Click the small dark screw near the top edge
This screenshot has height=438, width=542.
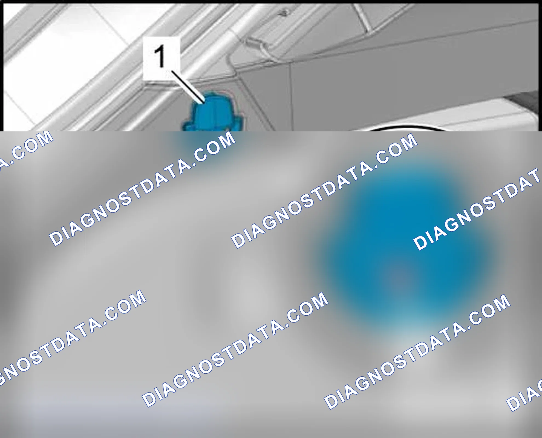pyautogui.click(x=284, y=12)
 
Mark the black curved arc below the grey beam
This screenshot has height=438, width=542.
pyautogui.click(x=405, y=128)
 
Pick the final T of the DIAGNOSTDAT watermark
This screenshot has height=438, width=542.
pyautogui.click(x=534, y=177)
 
